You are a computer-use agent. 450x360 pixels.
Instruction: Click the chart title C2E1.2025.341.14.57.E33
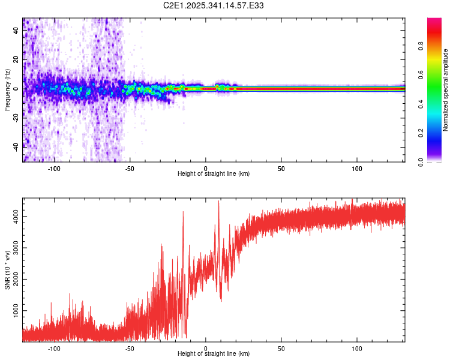coord(214,5)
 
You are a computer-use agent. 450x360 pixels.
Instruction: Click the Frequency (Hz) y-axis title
coord(7,90)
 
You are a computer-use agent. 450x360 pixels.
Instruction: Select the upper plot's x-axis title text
coord(214,173)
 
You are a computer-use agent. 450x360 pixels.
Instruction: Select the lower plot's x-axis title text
coord(214,353)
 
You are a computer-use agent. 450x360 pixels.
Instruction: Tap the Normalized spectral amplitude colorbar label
coord(446,90)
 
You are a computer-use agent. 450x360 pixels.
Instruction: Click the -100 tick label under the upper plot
coord(55,167)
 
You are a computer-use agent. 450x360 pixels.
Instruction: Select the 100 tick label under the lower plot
coord(358,347)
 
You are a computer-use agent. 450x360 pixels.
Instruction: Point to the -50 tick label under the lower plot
coord(130,347)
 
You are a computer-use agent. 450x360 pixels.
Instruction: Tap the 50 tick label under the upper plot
coord(281,167)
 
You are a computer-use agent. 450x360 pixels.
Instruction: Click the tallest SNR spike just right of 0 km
coord(218,202)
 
